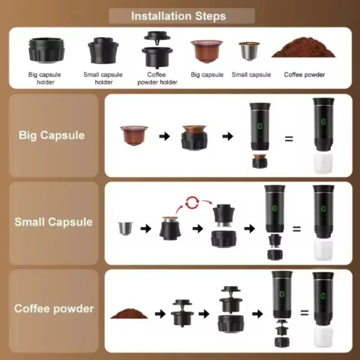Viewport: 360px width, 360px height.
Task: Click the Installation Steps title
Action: click(179, 17)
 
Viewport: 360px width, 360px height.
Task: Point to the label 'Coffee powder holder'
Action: click(157, 79)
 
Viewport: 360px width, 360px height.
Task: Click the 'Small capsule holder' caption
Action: click(103, 78)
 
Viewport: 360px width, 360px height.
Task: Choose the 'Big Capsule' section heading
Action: click(52, 135)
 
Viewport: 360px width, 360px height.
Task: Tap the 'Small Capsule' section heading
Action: click(53, 222)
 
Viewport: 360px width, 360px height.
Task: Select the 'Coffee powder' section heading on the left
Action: click(54, 309)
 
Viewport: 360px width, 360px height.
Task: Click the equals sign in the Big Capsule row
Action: click(289, 139)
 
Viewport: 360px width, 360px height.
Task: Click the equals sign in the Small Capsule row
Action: click(297, 229)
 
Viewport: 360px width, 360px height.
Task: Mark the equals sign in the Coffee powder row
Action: click(304, 312)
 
